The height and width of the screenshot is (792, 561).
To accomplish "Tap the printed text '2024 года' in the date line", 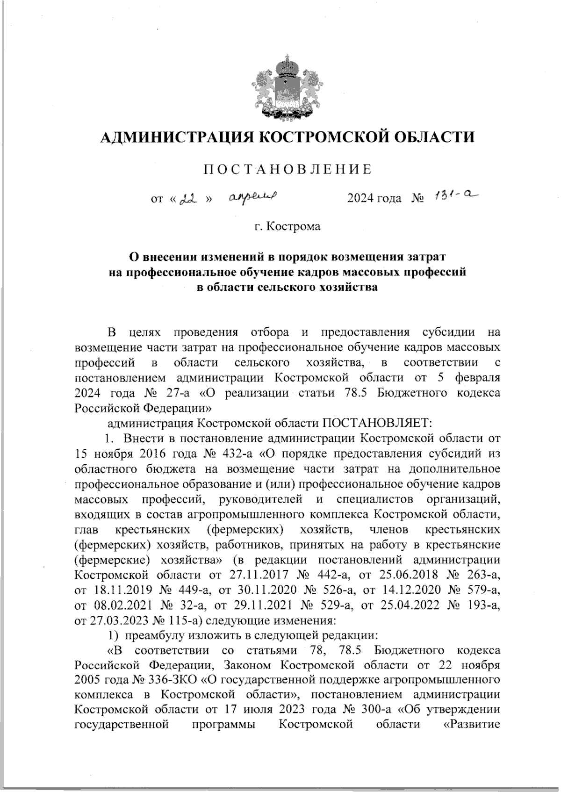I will point(374,199).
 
